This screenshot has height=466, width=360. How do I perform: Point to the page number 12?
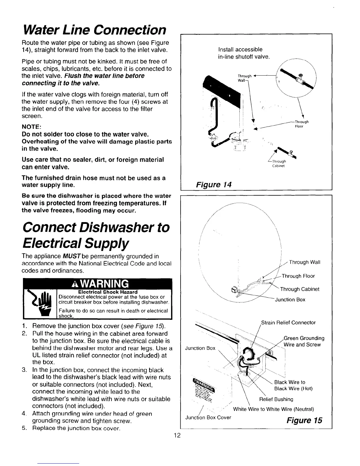pos(177,436)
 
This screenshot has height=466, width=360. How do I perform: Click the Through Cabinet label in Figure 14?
pos(279,163)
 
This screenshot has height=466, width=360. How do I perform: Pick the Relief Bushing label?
pos(276,399)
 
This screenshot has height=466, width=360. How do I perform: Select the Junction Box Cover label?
pos(208,417)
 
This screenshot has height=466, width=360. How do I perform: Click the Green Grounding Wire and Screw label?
pos(304,341)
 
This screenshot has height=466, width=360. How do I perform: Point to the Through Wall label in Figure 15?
pos(305,262)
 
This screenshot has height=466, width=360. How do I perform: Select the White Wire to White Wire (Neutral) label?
pos(274,409)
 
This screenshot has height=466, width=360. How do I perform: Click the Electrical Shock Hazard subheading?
pos(108,292)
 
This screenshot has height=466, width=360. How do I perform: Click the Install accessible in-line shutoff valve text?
pos(244,53)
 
